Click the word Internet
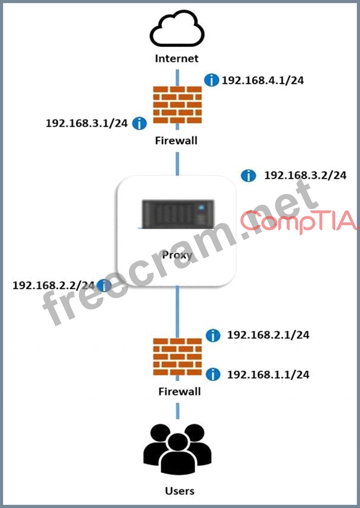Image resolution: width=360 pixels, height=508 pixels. [x=176, y=58]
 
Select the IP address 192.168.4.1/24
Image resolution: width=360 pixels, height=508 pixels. [x=262, y=80]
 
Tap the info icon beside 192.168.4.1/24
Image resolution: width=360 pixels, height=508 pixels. [x=211, y=80]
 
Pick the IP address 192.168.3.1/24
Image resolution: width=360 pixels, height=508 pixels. [x=86, y=123]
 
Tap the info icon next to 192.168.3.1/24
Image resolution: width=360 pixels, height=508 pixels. [x=139, y=123]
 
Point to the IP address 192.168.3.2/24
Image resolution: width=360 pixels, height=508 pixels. [x=305, y=175]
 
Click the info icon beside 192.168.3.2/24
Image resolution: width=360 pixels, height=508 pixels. [x=248, y=176]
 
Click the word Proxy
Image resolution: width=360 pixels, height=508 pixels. [x=176, y=255]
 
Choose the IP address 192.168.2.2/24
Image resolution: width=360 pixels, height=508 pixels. [x=53, y=285]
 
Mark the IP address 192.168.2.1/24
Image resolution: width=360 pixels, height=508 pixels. [x=268, y=335]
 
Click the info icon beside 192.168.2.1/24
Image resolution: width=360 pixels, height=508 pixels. [x=213, y=335]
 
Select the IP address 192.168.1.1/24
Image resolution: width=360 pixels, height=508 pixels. [x=268, y=375]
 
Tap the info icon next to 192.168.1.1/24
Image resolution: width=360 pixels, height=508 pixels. [x=213, y=375]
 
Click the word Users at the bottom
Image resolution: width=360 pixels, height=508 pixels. [x=179, y=491]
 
